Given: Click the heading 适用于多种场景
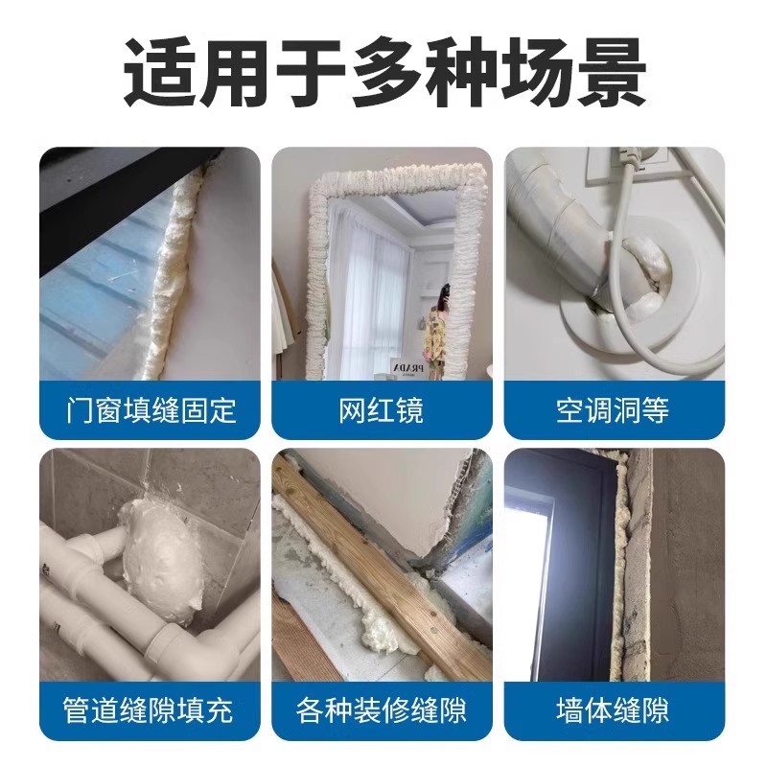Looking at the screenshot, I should pyautogui.click(x=383, y=72).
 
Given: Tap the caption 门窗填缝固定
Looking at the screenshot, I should pyautogui.click(x=150, y=411).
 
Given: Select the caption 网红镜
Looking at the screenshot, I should pyautogui.click(x=382, y=411).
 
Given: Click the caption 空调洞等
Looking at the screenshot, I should pyautogui.click(x=614, y=411).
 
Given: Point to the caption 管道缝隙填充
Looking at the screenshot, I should pyautogui.click(x=150, y=710).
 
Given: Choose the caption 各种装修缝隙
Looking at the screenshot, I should pyautogui.click(x=382, y=710).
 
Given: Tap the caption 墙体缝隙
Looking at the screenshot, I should pyautogui.click(x=614, y=710).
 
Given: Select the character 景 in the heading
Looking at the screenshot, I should pyautogui.click(x=610, y=72).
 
